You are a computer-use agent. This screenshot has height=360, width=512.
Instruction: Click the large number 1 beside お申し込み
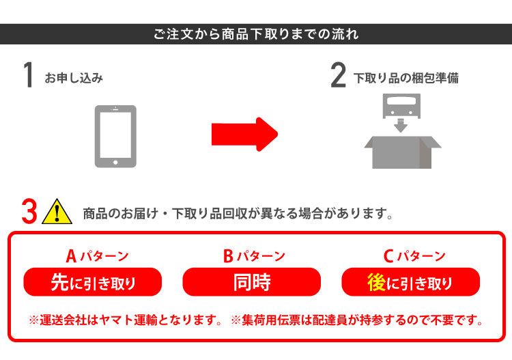click(x=29, y=75)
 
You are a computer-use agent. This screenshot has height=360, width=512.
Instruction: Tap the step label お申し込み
click(x=74, y=78)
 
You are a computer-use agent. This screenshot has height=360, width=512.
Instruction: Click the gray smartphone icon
click(x=115, y=136)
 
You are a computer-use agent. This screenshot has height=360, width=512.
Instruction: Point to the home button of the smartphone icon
click(x=115, y=163)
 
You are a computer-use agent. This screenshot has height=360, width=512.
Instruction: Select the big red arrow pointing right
click(x=244, y=134)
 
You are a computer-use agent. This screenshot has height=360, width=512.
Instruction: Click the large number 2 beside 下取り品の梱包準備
click(x=339, y=75)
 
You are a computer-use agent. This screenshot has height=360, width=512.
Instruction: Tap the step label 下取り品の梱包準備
click(x=406, y=78)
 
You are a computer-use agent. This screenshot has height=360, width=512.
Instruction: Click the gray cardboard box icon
click(x=403, y=152)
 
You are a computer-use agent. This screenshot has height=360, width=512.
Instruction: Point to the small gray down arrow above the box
click(x=401, y=126)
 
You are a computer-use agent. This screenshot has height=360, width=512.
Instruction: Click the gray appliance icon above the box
click(x=401, y=105)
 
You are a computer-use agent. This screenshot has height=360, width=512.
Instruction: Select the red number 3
click(x=29, y=211)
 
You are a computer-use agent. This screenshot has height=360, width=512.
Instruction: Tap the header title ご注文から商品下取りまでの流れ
click(x=256, y=34)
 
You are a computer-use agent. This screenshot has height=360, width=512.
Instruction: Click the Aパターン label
click(x=98, y=255)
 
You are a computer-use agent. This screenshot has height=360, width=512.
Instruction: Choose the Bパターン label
click(x=255, y=255)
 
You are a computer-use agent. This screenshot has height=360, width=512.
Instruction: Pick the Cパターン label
click(x=414, y=255)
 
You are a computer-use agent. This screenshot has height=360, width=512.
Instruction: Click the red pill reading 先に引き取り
click(x=93, y=282)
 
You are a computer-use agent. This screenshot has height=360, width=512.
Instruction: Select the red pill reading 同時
click(x=252, y=282)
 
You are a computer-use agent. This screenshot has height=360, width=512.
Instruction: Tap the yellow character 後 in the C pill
click(x=376, y=282)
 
